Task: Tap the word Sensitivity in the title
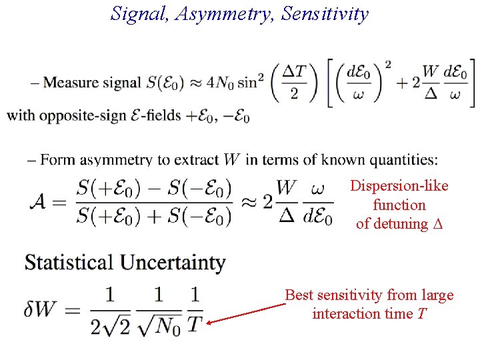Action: [325, 13]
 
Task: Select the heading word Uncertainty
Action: [173, 263]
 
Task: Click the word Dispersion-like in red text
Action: [399, 186]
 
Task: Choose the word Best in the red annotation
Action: [299, 295]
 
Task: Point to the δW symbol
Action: [43, 310]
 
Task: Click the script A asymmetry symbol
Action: [41, 202]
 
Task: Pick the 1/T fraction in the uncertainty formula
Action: [194, 310]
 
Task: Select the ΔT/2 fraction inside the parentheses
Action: [294, 83]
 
